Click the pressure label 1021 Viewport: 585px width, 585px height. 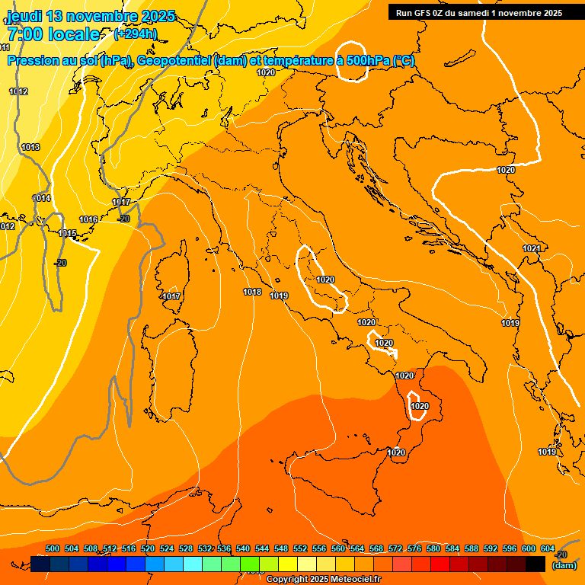tap(532, 249)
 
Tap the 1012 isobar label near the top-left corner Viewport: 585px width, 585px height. tap(18, 91)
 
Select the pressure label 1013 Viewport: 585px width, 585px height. tap(30, 147)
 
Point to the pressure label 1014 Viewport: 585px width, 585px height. tap(41, 198)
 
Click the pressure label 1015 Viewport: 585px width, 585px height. tap(67, 233)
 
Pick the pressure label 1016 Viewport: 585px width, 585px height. tap(88, 219)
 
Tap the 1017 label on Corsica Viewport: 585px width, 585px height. tap(171, 296)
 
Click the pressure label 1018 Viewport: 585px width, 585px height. tap(252, 292)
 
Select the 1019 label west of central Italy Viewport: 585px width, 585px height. tap(279, 296)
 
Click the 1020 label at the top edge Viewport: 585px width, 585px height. tap(266, 72)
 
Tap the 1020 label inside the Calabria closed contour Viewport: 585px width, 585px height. tap(419, 406)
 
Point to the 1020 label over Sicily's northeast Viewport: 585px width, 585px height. tap(395, 452)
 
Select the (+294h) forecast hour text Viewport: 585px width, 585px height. tap(135, 34)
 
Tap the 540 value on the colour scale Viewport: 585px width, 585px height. tap(243, 548)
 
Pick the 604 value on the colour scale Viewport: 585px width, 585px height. tap(547, 548)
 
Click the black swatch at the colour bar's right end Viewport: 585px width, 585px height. tap(535, 564)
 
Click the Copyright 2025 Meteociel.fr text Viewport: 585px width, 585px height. tap(323, 579)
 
